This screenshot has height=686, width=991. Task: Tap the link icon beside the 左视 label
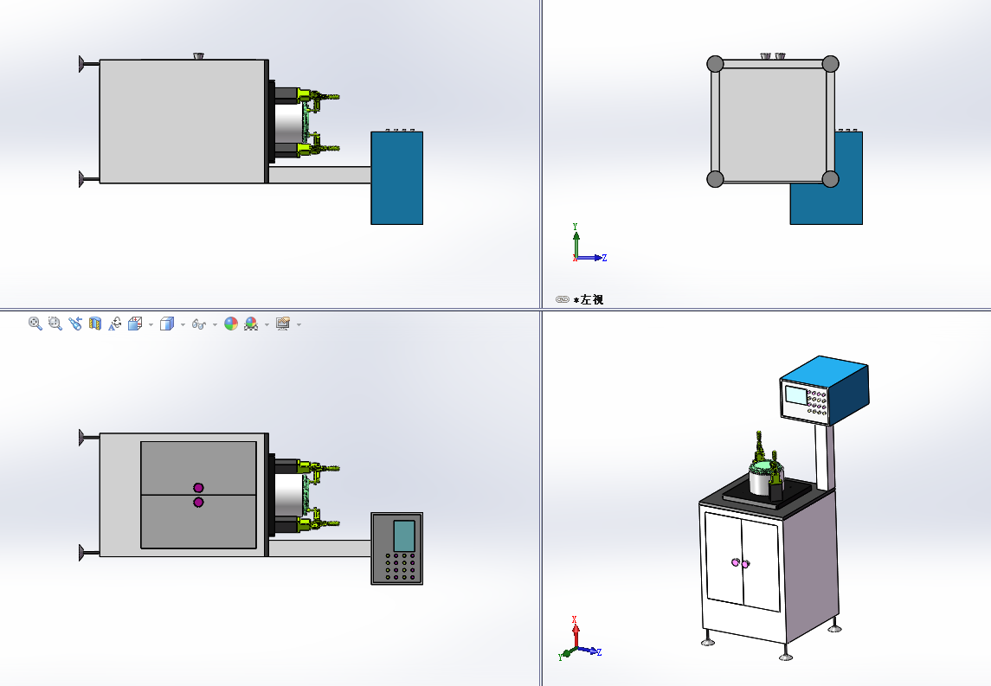[563, 299]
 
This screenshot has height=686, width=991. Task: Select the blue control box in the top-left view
[397, 177]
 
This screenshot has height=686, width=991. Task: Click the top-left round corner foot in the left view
[715, 64]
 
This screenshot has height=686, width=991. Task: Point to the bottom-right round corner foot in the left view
[831, 179]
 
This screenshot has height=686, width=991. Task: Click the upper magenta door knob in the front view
[198, 488]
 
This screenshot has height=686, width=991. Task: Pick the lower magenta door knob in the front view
[198, 503]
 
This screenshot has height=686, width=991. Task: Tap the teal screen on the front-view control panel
[404, 535]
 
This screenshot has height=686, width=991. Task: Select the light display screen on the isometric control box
[795, 394]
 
